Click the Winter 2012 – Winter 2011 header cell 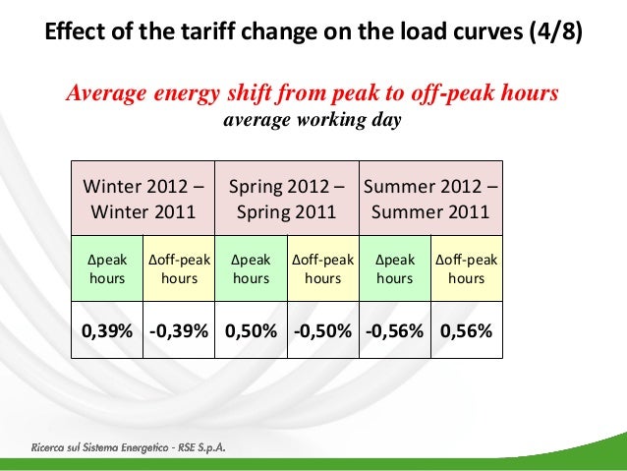click(x=143, y=199)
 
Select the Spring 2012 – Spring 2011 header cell click(x=287, y=199)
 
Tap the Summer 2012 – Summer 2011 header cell click(x=430, y=199)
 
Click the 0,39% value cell click(x=107, y=330)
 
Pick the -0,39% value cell click(x=179, y=330)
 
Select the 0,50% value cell click(x=252, y=330)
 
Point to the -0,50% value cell click(x=323, y=330)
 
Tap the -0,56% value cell click(x=395, y=330)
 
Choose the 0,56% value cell click(x=466, y=330)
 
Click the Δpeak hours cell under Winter click(x=107, y=269)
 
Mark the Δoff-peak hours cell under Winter click(x=179, y=269)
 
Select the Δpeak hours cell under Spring click(x=252, y=269)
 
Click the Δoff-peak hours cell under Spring click(x=323, y=269)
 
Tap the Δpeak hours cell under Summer click(x=395, y=269)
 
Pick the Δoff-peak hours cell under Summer click(x=467, y=269)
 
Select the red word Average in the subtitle click(x=105, y=93)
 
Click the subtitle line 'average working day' click(x=313, y=122)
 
